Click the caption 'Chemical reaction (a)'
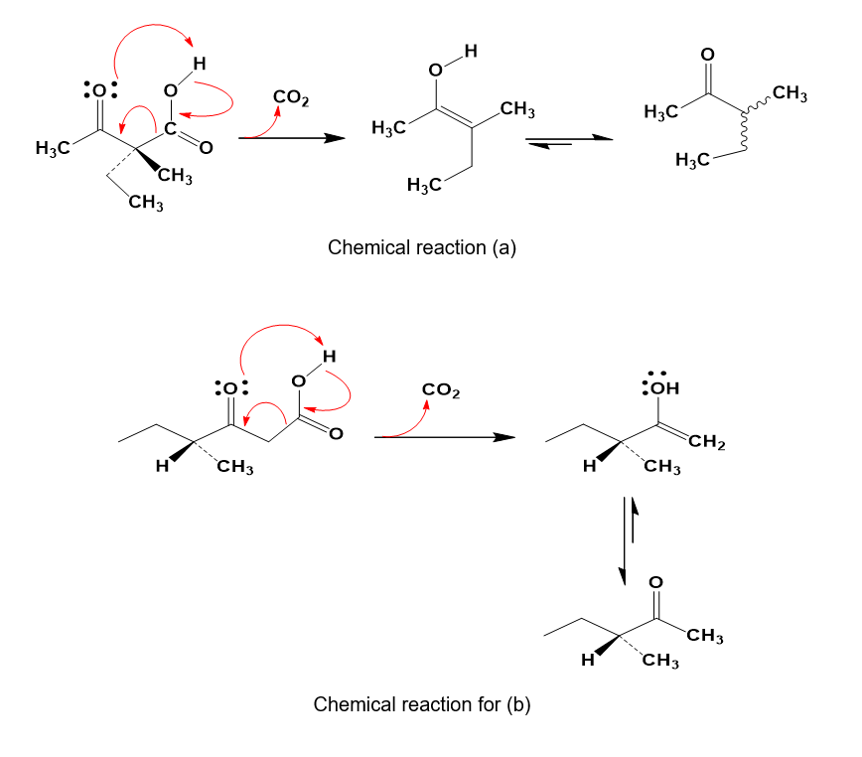click(x=422, y=248)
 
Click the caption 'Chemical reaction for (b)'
click(x=422, y=705)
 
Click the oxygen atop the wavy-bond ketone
click(x=707, y=54)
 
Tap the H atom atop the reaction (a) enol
click(x=471, y=49)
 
